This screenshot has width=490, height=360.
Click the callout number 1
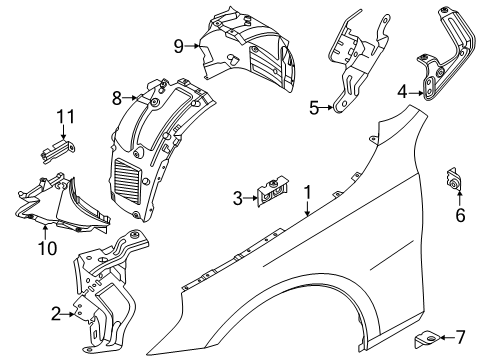click(x=307, y=193)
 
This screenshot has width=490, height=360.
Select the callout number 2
click(x=56, y=314)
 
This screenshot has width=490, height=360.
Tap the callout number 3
click(x=237, y=198)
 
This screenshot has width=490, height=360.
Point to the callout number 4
click(x=402, y=92)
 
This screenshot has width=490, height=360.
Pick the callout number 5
click(x=314, y=108)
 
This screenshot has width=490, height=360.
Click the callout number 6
click(x=460, y=215)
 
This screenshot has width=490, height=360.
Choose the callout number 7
click(x=460, y=337)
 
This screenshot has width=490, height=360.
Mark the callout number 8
click(x=117, y=98)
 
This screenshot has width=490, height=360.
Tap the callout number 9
click(x=179, y=46)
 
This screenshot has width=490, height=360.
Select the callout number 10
click(x=47, y=248)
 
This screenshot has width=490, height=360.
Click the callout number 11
click(x=66, y=117)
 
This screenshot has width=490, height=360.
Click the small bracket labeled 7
click(x=426, y=339)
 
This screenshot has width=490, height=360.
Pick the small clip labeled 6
click(x=452, y=180)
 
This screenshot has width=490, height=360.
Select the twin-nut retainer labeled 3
click(x=272, y=191)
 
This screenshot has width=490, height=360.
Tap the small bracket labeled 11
click(x=57, y=151)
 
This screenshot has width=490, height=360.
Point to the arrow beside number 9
click(x=192, y=46)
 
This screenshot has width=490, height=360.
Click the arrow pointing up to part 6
click(x=459, y=198)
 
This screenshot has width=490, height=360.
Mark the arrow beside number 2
click(x=69, y=314)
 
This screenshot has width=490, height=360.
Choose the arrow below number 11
click(x=63, y=132)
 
